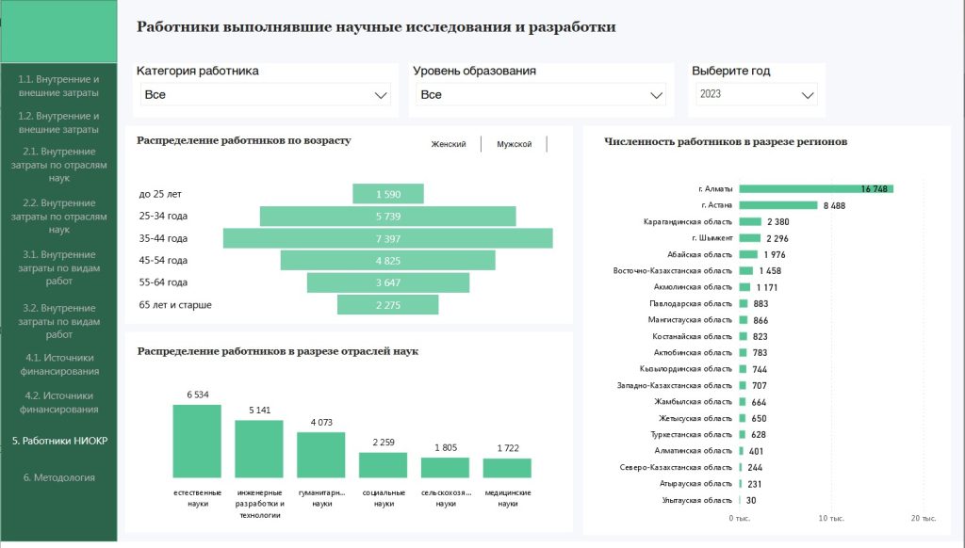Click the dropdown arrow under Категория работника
pyautogui.click(x=381, y=95)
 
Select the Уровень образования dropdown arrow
pyautogui.click(x=657, y=95)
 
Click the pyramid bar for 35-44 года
pyautogui.click(x=388, y=238)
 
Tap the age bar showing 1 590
pyautogui.click(x=388, y=194)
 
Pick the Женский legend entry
pyautogui.click(x=449, y=144)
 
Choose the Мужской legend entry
pyautogui.click(x=515, y=144)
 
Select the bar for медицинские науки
pyautogui.click(x=507, y=468)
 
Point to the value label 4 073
pyautogui.click(x=320, y=422)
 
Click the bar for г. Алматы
pyautogui.click(x=816, y=188)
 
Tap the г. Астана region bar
pyautogui.click(x=778, y=205)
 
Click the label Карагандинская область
pyautogui.click(x=687, y=222)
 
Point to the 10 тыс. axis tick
pyautogui.click(x=831, y=519)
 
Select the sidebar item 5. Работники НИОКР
pyautogui.click(x=59, y=440)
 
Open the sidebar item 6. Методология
pyautogui.click(x=59, y=477)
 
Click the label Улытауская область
pyautogui.click(x=696, y=500)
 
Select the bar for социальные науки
pyautogui.click(x=383, y=465)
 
